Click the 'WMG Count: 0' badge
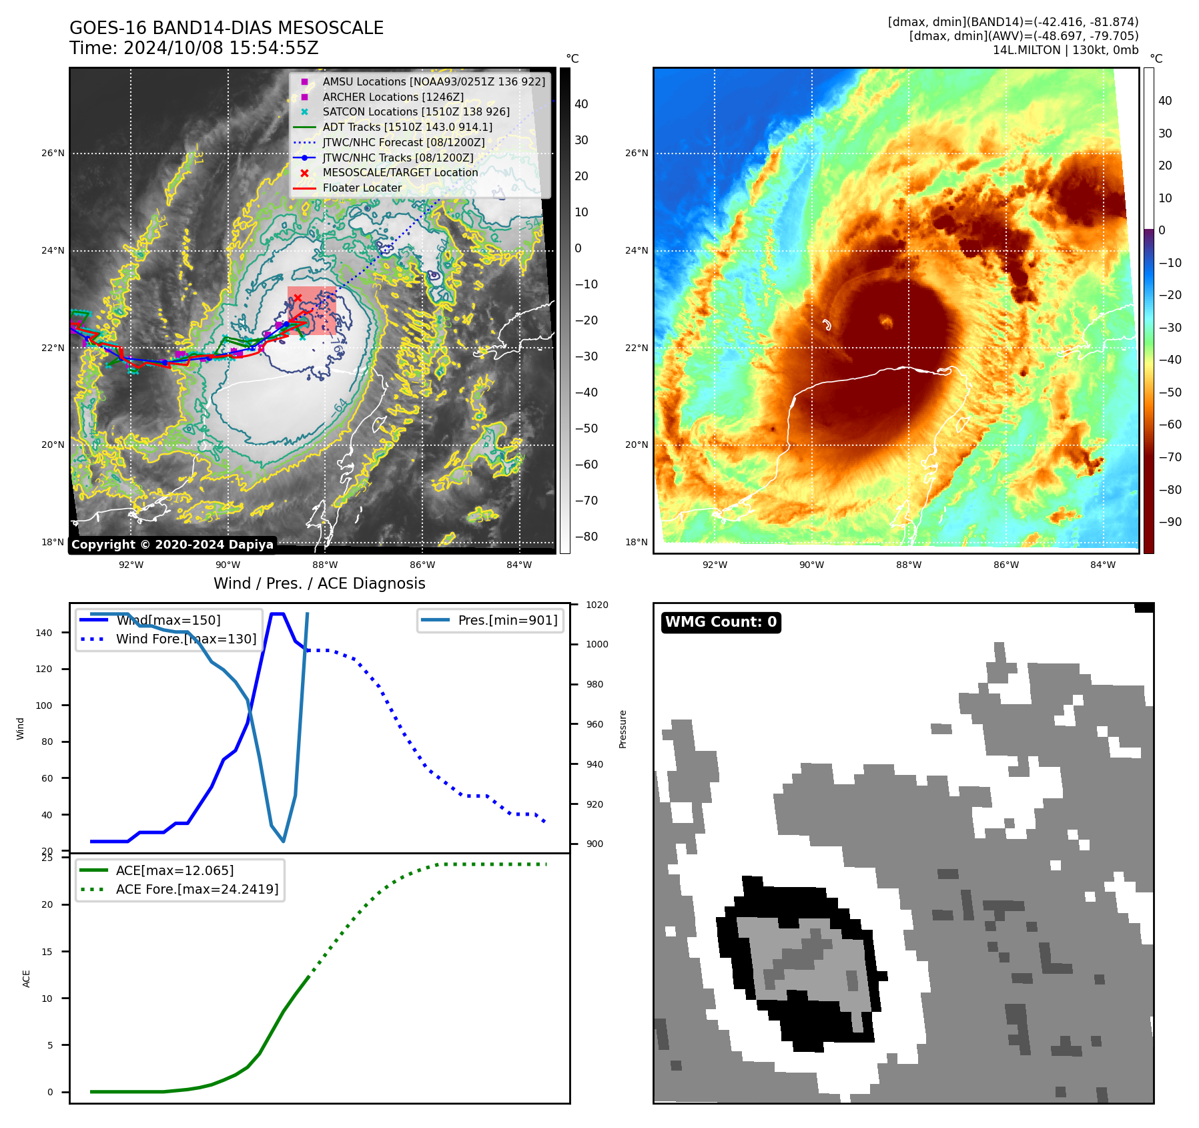[721, 622]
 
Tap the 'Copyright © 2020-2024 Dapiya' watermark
[172, 545]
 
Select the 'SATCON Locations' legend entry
[416, 112]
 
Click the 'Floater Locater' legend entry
[362, 188]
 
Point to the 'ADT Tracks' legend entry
[407, 127]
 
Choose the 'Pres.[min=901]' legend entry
[507, 620]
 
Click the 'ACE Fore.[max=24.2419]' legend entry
[197, 889]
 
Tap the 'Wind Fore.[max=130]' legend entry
[185, 639]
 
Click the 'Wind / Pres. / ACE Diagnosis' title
[319, 583]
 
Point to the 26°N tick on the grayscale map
[53, 154]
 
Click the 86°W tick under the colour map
[1006, 565]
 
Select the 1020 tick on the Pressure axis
[596, 605]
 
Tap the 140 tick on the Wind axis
[43, 633]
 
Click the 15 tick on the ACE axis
[47, 952]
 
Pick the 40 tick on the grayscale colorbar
[581, 104]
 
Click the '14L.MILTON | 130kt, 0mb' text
[1065, 50]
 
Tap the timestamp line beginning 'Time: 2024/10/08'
[193, 48]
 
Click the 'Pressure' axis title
[623, 729]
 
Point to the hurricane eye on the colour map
[886, 322]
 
